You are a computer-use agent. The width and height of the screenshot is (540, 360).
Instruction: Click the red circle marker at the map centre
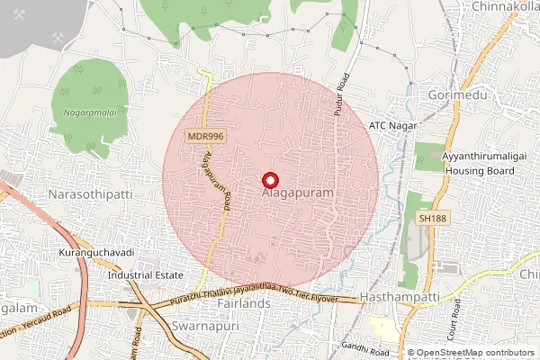[x=270, y=180]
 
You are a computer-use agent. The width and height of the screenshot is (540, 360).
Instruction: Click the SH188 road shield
[x=433, y=218]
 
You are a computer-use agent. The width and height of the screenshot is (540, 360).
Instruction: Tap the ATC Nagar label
[x=393, y=125]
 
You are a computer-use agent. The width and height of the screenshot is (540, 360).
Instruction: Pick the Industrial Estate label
[x=145, y=275]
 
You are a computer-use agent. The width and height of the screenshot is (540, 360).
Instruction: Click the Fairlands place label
[x=243, y=304]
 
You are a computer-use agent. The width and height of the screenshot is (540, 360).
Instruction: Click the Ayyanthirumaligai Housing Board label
[x=483, y=163]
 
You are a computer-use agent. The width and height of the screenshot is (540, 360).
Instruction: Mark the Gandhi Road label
[x=364, y=346]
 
